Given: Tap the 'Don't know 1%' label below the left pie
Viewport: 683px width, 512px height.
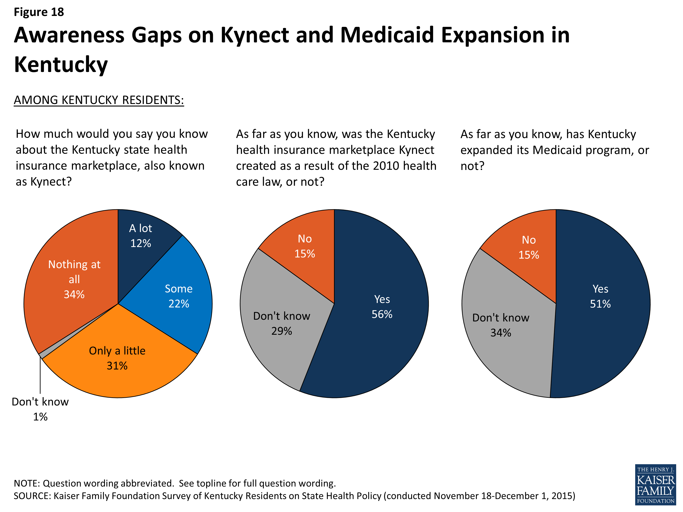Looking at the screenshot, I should (x=40, y=409).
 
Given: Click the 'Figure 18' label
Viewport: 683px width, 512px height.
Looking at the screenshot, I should (x=39, y=12).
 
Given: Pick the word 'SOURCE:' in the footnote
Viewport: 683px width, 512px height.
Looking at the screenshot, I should (x=32, y=496).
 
